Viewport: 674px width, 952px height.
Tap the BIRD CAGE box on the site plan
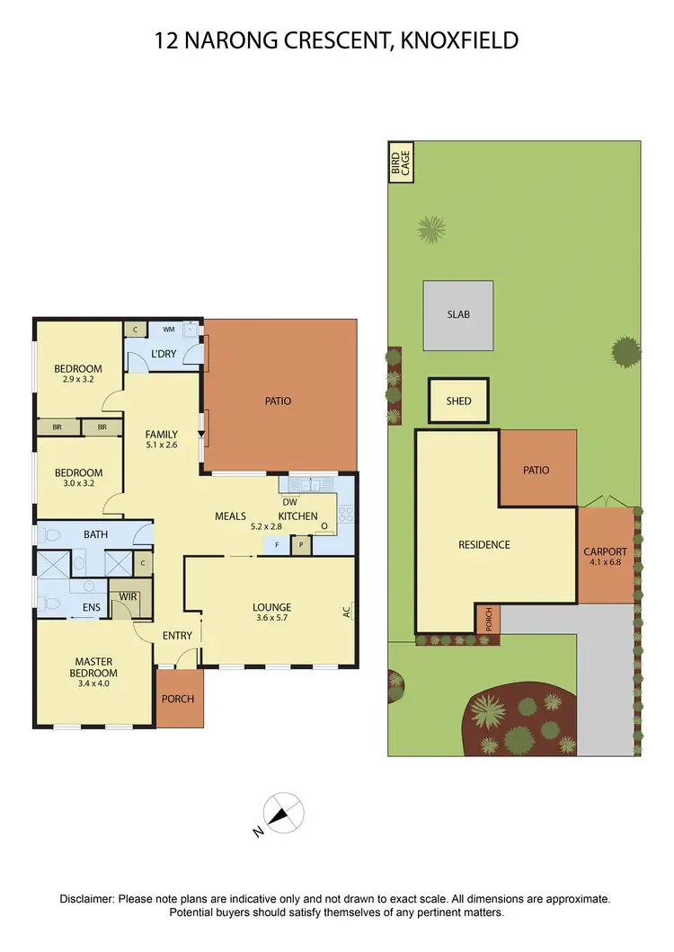pyautogui.click(x=395, y=162)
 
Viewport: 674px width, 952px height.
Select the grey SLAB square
pyautogui.click(x=458, y=315)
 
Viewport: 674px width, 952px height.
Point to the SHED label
pyautogui.click(x=458, y=401)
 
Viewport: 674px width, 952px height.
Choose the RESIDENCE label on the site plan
pyautogui.click(x=483, y=544)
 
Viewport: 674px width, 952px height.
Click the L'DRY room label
pyautogui.click(x=164, y=354)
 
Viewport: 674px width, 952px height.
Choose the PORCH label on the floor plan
pyautogui.click(x=178, y=699)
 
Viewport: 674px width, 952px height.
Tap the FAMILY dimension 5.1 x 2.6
pyautogui.click(x=163, y=444)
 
